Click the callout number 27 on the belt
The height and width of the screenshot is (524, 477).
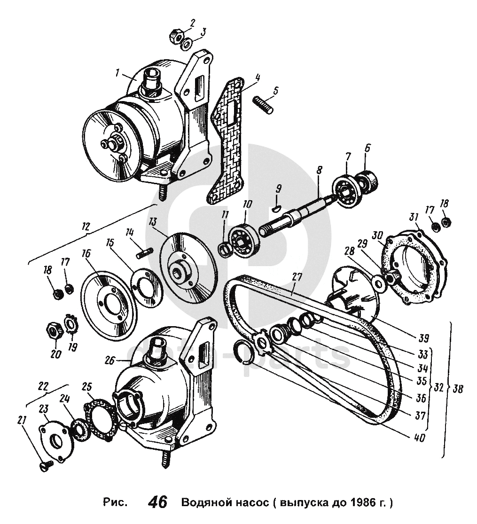[297, 276]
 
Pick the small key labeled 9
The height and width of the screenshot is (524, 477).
[277, 204]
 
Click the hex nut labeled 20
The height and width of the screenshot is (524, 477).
[54, 331]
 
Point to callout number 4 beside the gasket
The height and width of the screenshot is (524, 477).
[258, 77]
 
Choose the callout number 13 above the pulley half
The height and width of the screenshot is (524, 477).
[152, 221]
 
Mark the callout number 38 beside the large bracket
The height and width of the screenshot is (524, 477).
[461, 389]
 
